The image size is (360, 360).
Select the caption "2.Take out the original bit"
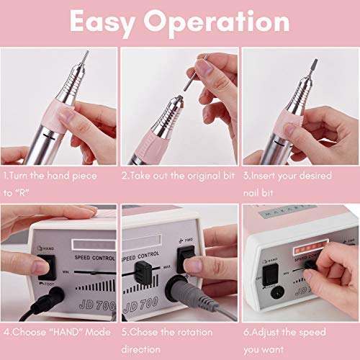click(x=179, y=175)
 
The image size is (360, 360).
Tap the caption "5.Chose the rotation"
click(x=168, y=333)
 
